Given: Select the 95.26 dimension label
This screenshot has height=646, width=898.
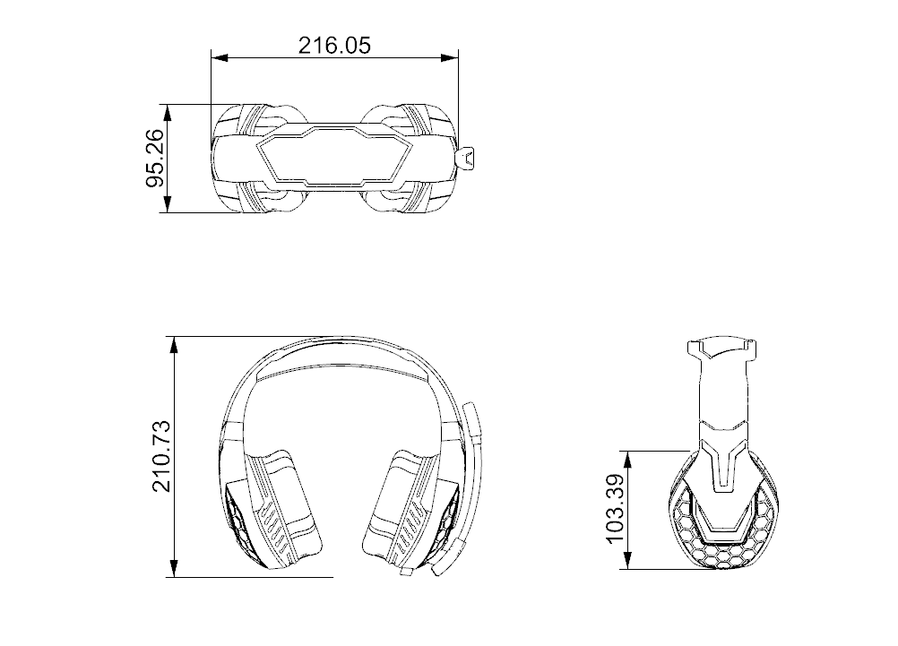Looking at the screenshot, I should point(155,159).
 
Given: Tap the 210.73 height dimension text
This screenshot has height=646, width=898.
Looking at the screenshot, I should point(162,457).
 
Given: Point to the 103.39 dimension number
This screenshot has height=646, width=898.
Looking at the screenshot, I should point(615,509).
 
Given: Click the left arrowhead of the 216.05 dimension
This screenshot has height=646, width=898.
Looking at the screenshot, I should point(218,58).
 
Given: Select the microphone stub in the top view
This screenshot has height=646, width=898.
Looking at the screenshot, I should point(467,159).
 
